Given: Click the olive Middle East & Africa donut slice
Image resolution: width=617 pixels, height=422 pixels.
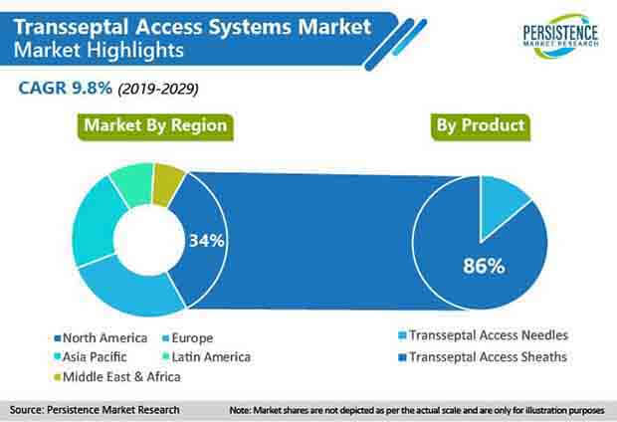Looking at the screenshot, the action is [167, 184].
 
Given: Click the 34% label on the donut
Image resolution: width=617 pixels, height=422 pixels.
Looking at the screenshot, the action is [207, 240].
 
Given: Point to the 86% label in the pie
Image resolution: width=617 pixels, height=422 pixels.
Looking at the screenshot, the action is [484, 266].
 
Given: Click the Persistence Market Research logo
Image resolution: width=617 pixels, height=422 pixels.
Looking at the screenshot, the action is [560, 36].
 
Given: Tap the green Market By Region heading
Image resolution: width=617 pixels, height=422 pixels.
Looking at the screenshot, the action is [155, 126].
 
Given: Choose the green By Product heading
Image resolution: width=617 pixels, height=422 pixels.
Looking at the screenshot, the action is [481, 126].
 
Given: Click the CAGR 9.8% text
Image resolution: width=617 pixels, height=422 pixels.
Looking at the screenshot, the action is [66, 88].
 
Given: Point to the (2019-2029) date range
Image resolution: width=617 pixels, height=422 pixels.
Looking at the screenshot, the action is [158, 89].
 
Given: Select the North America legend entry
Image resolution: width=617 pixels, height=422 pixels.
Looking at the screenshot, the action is [101, 337].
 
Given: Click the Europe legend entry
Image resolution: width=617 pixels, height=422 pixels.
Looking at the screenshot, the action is [188, 337].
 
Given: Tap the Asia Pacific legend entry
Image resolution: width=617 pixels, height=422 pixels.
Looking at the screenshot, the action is [91, 356].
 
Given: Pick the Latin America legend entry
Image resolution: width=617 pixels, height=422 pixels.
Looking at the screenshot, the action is [207, 356].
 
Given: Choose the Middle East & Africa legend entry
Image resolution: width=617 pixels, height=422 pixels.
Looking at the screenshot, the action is [117, 377].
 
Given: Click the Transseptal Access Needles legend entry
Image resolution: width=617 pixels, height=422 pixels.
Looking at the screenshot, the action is [484, 335].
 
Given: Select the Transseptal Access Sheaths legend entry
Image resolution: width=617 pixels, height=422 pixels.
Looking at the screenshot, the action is [483, 356].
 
